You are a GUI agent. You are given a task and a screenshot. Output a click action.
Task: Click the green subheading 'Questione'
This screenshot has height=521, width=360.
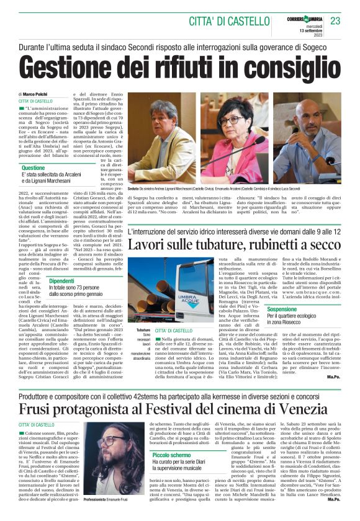tap(34, 168)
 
